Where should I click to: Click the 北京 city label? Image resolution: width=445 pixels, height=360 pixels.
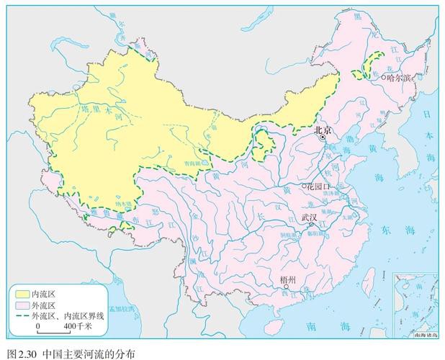(x=322, y=130)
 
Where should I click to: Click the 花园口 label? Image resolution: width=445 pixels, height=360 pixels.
(x=318, y=186)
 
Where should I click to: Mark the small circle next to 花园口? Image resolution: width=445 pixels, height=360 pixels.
(x=304, y=186)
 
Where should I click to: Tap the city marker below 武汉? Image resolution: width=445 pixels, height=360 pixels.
(x=311, y=224)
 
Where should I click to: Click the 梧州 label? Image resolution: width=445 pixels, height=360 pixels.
(x=290, y=279)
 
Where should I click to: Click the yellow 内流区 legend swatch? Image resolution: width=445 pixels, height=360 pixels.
(x=21, y=294)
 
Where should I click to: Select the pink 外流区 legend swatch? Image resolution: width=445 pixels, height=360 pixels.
(x=21, y=305)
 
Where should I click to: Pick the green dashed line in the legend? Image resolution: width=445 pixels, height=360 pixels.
(x=21, y=315)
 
